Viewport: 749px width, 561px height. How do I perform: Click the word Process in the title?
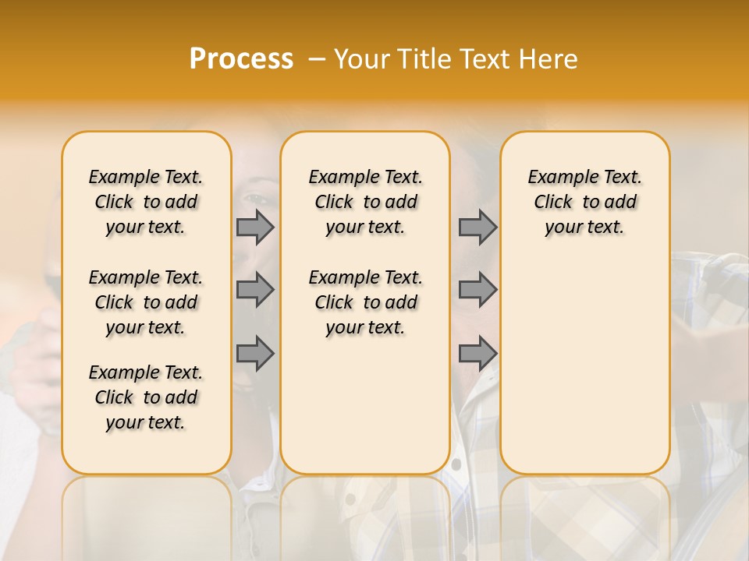tap(241, 59)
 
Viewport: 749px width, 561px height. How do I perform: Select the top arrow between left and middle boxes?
tap(255, 227)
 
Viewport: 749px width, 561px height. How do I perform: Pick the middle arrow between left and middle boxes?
tap(255, 290)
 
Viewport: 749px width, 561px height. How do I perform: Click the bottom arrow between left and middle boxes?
tap(255, 354)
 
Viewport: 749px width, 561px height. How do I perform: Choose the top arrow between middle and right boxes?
tap(477, 227)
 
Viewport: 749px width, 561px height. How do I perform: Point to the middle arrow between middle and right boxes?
tap(477, 290)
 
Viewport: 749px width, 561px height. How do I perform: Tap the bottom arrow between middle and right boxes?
tap(477, 354)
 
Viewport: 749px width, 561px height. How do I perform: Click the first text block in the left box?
tap(146, 202)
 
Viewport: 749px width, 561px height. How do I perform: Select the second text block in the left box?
tap(146, 302)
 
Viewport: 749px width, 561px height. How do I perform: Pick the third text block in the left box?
tap(146, 397)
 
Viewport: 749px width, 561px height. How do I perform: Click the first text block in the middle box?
tap(365, 202)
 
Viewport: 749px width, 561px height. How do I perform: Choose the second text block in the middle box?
tap(365, 302)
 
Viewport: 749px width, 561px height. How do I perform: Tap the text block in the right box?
tap(584, 202)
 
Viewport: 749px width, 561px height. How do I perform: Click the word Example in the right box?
tap(556, 178)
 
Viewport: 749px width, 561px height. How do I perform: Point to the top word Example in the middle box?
tap(337, 178)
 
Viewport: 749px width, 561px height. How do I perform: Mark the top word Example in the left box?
tap(117, 178)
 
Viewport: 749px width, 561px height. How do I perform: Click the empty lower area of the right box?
tap(584, 366)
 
